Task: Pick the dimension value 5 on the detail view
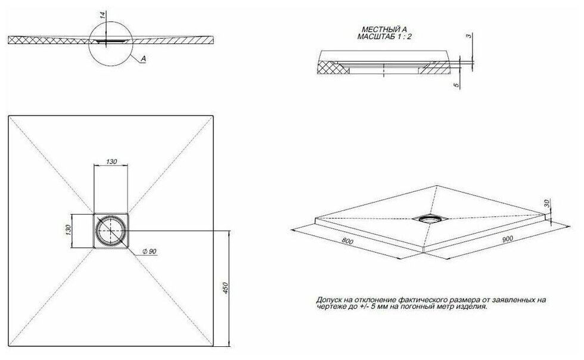click(x=456, y=86)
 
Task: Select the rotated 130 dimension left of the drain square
click(x=69, y=229)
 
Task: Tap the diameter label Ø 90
click(x=149, y=252)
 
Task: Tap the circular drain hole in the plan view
click(x=111, y=231)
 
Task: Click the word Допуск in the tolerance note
click(x=329, y=300)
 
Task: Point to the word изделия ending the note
click(x=471, y=308)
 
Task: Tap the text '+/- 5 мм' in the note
click(x=371, y=308)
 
